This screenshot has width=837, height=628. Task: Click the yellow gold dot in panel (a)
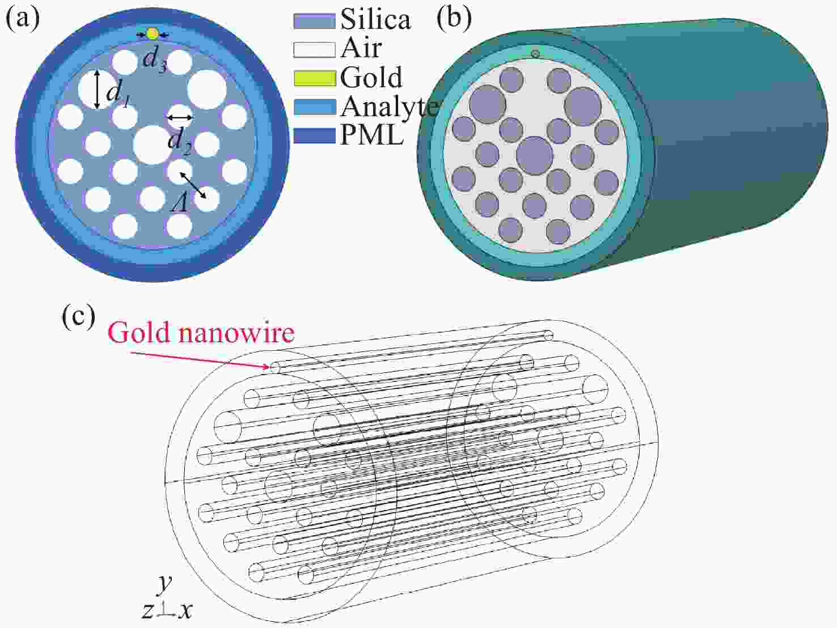[152, 34]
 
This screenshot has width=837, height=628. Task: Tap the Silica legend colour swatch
[315, 22]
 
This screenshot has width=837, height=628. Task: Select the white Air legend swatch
[315, 50]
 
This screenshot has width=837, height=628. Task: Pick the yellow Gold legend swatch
[315, 78]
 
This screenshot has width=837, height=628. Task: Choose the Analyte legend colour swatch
[315, 107]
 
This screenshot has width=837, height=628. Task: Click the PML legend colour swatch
[315, 136]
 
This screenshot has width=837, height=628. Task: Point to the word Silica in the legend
[375, 19]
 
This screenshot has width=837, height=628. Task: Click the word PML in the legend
[372, 135]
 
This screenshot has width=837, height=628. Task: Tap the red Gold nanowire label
[201, 333]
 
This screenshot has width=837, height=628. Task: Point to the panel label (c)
[78, 317]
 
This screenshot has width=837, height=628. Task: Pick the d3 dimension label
[155, 61]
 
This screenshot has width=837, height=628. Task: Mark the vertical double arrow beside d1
[97, 89]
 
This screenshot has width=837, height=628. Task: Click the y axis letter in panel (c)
[165, 583]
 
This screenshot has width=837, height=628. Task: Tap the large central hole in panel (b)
[535, 155]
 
